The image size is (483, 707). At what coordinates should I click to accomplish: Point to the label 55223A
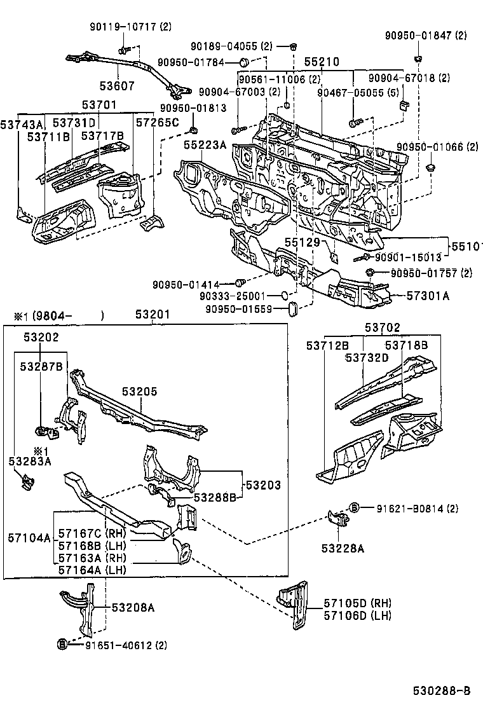(x=205, y=145)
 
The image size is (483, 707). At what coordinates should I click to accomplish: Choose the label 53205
(x=139, y=392)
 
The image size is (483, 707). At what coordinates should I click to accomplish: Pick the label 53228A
(x=342, y=548)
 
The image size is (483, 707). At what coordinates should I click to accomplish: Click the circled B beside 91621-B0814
(x=355, y=507)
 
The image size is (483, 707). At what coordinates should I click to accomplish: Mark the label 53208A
(x=133, y=607)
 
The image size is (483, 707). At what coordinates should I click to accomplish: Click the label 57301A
(x=428, y=295)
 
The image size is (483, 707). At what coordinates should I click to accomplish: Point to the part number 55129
(x=300, y=242)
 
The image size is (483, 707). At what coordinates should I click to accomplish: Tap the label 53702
(x=383, y=328)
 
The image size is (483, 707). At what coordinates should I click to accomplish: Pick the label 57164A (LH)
(x=92, y=570)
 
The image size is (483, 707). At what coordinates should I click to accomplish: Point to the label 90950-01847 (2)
(x=425, y=36)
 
